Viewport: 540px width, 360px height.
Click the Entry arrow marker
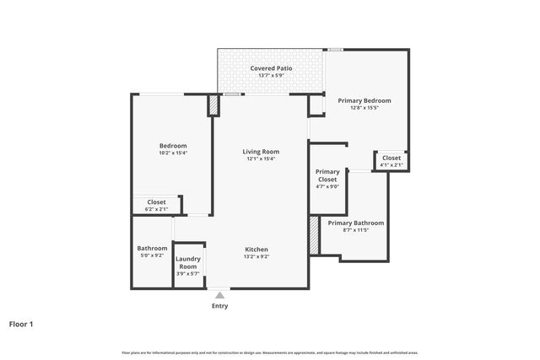click(219, 295)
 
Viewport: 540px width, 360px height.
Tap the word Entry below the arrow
click(219, 306)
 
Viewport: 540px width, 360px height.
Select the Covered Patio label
click(271, 67)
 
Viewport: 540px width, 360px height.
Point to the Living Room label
click(261, 152)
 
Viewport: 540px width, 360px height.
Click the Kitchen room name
click(256, 250)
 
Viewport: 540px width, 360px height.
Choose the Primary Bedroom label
click(364, 100)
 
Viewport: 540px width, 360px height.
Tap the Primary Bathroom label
click(356, 223)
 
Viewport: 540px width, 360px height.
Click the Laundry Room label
click(187, 262)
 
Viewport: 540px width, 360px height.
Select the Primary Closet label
click(327, 175)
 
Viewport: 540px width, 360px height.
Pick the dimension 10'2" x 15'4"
click(173, 153)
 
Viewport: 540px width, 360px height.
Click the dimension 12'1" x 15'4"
click(261, 159)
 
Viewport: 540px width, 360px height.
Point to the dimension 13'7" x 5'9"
click(271, 75)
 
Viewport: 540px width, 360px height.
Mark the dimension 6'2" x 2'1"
click(156, 209)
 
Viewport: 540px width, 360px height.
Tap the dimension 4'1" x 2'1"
click(391, 164)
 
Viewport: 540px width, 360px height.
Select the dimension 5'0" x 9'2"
click(153, 255)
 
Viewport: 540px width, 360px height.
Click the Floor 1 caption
click(21, 324)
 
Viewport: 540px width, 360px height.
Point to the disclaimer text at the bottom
click(270, 352)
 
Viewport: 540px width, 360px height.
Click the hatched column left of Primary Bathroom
click(314, 235)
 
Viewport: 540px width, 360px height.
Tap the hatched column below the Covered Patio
click(213, 105)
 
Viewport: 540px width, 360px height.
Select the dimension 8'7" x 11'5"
click(356, 229)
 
